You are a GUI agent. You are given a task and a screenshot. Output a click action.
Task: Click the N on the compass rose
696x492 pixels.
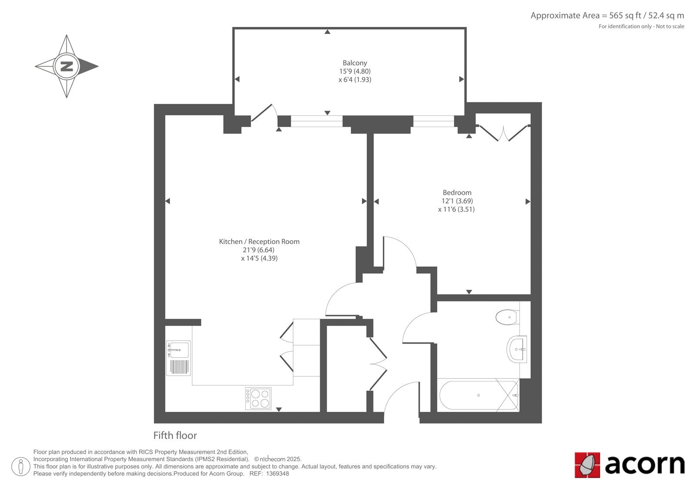67,66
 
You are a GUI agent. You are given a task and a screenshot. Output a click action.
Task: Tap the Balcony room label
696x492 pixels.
355,63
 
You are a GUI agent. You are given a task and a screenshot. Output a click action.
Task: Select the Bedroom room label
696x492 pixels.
457,192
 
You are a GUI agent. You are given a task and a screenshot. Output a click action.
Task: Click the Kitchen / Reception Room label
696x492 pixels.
259,241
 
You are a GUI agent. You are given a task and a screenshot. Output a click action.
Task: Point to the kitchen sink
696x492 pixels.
178,349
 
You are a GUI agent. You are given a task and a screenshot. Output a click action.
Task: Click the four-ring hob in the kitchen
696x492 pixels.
258,398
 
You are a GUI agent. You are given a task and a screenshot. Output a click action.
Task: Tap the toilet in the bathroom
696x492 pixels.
507,317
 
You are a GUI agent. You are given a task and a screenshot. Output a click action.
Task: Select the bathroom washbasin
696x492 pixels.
517,349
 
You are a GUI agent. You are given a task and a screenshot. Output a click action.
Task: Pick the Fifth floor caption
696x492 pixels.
175,435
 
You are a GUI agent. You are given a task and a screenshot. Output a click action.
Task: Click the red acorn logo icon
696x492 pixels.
587,465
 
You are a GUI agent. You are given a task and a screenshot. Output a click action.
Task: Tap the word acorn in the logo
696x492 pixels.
645,465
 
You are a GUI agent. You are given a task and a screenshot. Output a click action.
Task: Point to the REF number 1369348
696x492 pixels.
278,474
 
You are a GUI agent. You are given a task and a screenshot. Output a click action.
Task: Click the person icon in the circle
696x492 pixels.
21,466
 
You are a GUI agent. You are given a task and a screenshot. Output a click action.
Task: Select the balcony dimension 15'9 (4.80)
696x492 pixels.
355,71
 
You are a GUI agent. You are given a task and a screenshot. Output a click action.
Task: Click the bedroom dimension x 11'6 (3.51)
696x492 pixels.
456,209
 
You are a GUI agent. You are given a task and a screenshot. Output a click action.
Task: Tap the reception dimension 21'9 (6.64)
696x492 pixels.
258,250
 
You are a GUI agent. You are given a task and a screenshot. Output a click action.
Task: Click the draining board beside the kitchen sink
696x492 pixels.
179,367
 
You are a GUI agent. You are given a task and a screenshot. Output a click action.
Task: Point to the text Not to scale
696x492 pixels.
670,27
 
